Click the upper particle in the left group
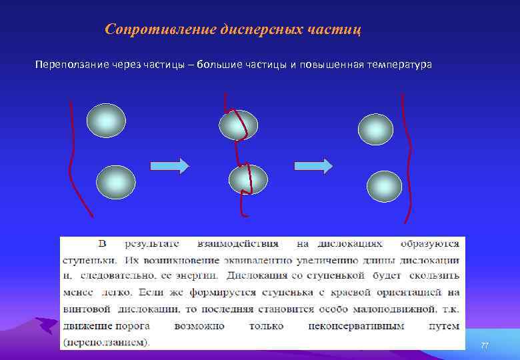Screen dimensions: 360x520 pyautogui.click(x=106, y=120)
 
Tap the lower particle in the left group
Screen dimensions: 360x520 pyautogui.click(x=116, y=182)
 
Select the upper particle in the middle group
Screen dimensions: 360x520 pyautogui.click(x=239, y=125)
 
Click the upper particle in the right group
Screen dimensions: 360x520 pyautogui.click(x=376, y=129)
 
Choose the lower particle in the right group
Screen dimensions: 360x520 pyautogui.click(x=385, y=186)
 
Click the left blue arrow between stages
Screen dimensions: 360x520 pyautogui.click(x=170, y=166)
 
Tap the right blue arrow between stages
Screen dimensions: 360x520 pyautogui.click(x=313, y=166)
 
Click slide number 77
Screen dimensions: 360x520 pyautogui.click(x=485, y=345)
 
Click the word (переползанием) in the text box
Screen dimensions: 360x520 pyautogui.click(x=106, y=343)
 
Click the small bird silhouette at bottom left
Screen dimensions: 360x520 pyautogui.click(x=45, y=325)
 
